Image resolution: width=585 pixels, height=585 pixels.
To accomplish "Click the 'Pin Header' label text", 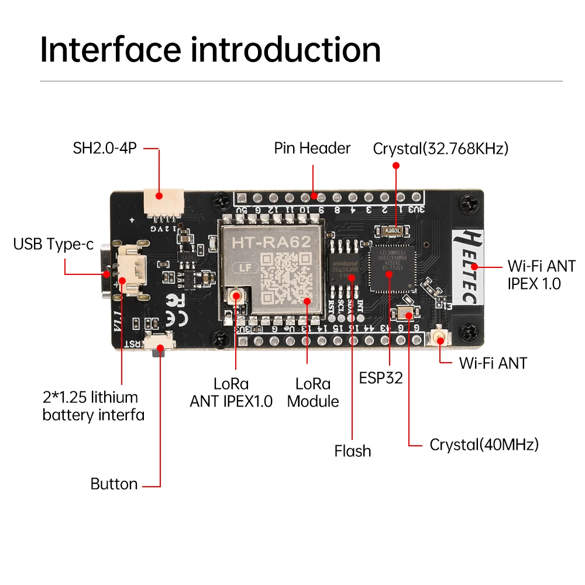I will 312,148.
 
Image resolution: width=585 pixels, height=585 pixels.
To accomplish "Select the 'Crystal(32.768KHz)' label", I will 441,149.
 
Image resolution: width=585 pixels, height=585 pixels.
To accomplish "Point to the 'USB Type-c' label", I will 53,244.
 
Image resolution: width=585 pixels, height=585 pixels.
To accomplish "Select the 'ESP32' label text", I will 381,377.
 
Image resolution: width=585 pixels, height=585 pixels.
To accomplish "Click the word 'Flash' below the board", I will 352,451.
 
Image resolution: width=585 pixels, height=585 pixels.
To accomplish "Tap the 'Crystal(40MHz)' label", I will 484,445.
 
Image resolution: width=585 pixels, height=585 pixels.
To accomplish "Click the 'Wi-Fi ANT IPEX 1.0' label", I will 534,274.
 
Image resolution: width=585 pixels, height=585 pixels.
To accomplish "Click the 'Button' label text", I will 114,484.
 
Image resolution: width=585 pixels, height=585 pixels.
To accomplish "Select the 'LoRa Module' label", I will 313,393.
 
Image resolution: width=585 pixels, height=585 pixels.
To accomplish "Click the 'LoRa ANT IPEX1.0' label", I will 231,393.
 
